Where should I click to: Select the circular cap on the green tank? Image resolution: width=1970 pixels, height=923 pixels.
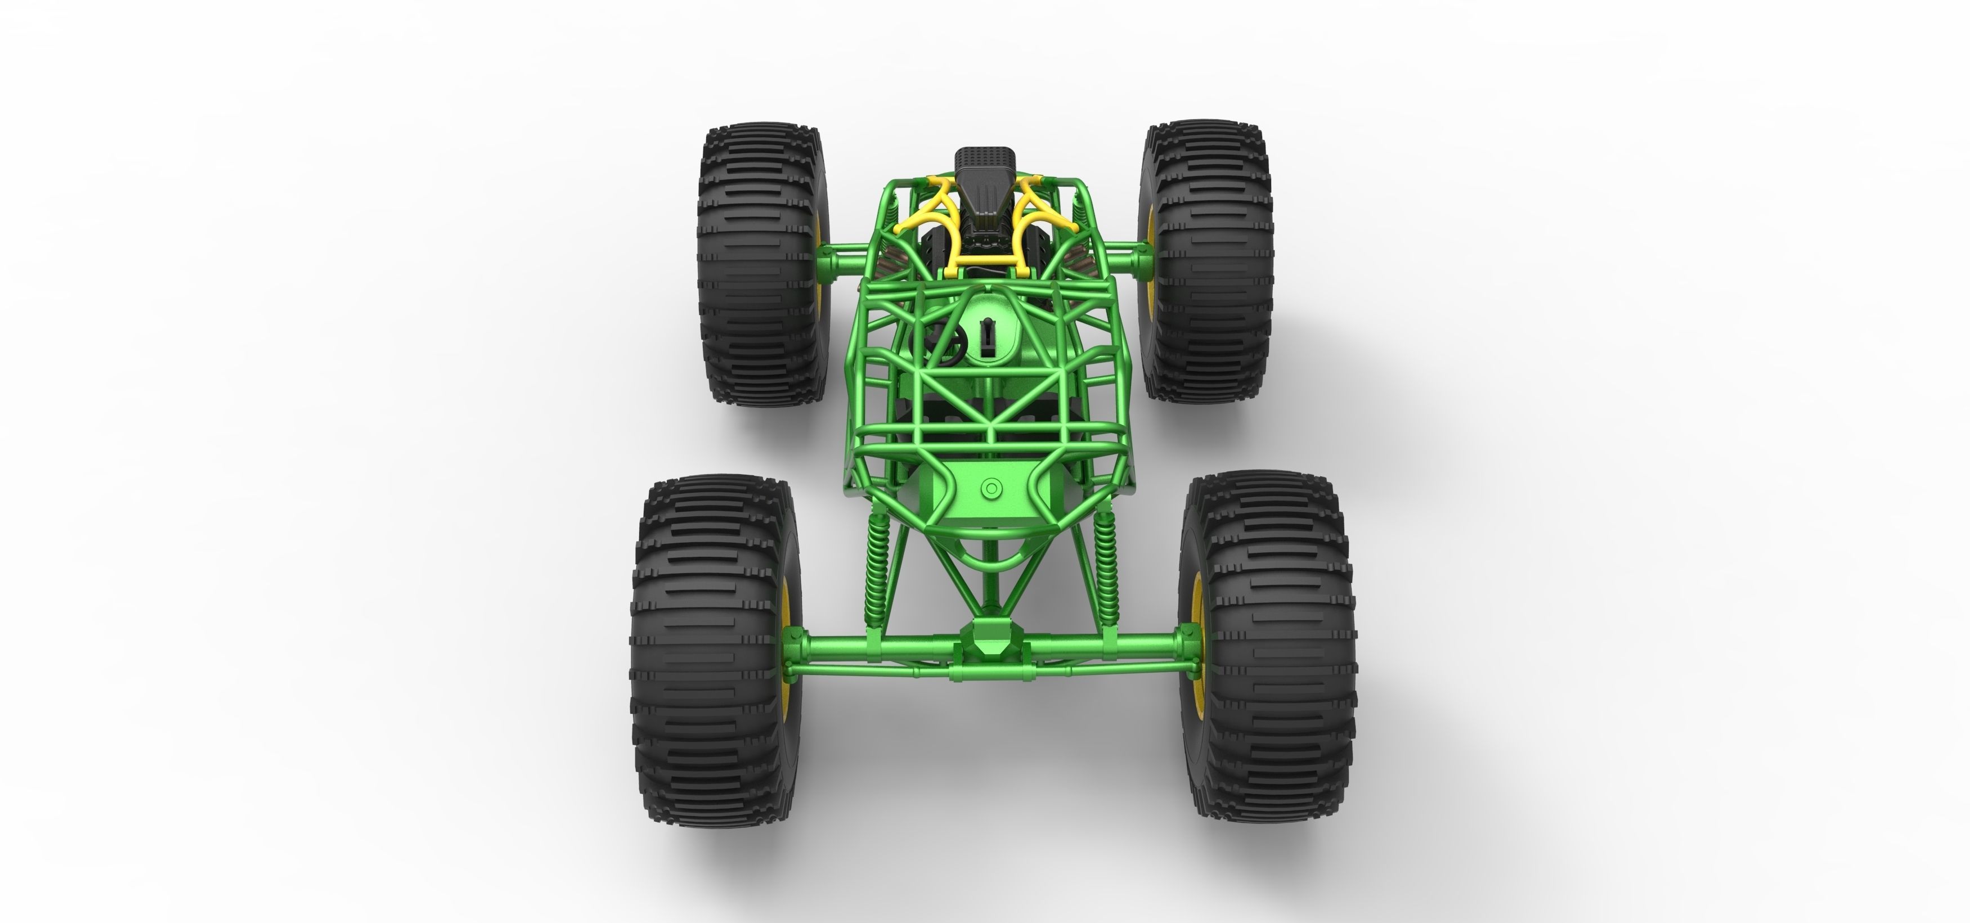point(991,487)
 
